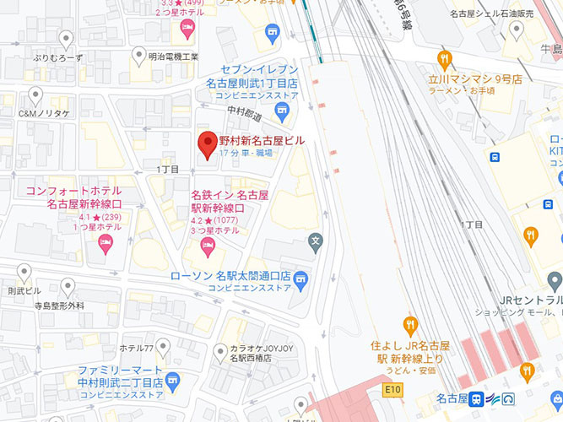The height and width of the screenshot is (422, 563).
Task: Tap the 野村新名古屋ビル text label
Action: (x=262, y=140)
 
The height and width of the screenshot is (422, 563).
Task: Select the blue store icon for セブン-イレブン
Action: (x=272, y=33)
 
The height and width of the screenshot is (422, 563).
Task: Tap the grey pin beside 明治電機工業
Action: (x=140, y=56)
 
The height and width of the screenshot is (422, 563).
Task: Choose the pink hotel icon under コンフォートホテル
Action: (x=106, y=245)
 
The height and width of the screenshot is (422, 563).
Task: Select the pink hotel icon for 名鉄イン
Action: (x=208, y=247)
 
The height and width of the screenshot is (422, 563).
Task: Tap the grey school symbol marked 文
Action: (x=316, y=240)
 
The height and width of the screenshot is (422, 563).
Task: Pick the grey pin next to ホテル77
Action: (x=163, y=345)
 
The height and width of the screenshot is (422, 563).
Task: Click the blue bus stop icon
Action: (x=493, y=156)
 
